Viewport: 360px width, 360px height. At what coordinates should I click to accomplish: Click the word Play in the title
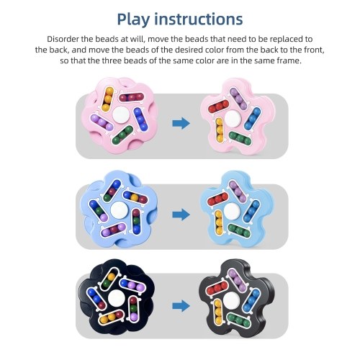(133, 19)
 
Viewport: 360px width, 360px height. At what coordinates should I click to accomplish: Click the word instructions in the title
(198, 19)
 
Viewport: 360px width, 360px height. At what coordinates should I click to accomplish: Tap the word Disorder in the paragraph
(63, 39)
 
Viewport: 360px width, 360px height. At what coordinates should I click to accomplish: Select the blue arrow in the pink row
(181, 123)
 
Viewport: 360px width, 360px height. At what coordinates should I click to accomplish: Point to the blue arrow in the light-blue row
(181, 215)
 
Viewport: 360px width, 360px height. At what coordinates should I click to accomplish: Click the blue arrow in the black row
(181, 306)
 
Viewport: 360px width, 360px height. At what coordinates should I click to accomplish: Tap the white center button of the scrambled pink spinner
(120, 114)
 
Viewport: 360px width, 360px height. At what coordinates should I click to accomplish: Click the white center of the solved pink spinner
(233, 118)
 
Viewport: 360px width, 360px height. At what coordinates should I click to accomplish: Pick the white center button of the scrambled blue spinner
(119, 210)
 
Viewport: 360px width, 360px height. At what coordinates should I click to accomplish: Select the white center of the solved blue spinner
(232, 210)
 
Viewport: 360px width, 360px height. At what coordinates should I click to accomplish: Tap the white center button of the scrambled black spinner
(116, 297)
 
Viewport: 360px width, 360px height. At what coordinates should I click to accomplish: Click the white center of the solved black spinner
(231, 301)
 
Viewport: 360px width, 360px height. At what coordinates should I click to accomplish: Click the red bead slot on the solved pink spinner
(219, 107)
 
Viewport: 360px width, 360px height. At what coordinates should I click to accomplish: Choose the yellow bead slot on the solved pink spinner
(219, 130)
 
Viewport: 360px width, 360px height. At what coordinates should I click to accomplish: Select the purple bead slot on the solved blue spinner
(238, 192)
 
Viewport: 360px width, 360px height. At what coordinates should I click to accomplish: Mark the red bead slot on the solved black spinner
(217, 289)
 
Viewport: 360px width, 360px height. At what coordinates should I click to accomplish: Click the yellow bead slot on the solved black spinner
(218, 312)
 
